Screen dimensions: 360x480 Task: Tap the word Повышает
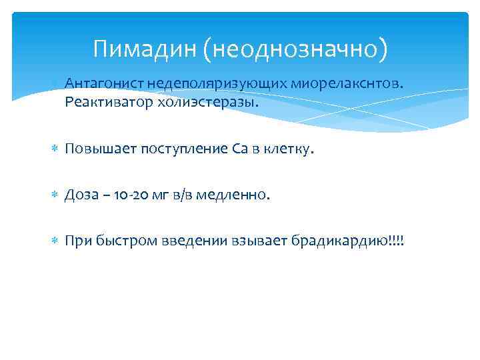[x=99, y=149]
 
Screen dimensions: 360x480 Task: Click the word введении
[x=188, y=240]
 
